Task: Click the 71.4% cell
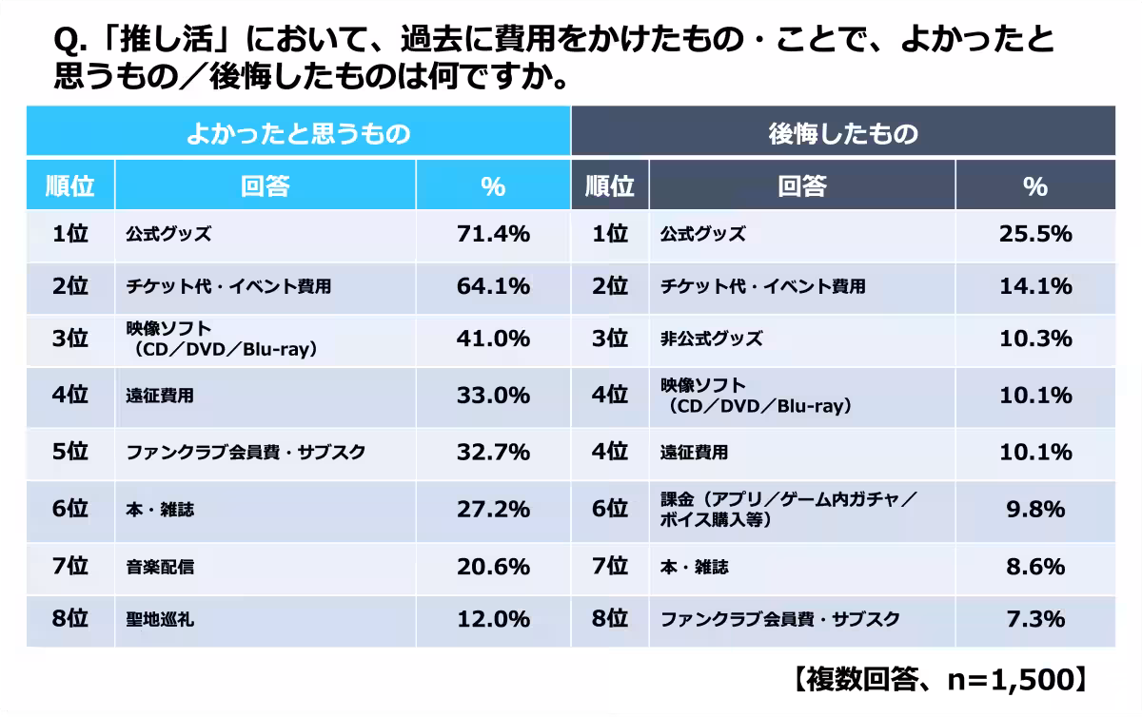click(x=493, y=235)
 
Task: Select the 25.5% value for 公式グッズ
click(x=1034, y=235)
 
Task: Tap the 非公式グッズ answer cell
click(x=712, y=339)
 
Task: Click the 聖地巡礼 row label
click(x=160, y=621)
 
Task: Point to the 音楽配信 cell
click(x=160, y=568)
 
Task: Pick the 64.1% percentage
click(x=493, y=286)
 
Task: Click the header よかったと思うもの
click(x=298, y=133)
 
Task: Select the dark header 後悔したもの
click(x=842, y=133)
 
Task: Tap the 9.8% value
click(x=1034, y=510)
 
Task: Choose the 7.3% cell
click(x=1034, y=621)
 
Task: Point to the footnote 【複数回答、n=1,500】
click(x=937, y=679)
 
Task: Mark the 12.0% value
click(x=493, y=621)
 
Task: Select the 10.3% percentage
click(x=1034, y=339)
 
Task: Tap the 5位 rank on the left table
click(x=69, y=453)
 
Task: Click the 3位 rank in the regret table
click(x=610, y=339)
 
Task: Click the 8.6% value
click(x=1034, y=568)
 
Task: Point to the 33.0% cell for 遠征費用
click(x=493, y=396)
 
